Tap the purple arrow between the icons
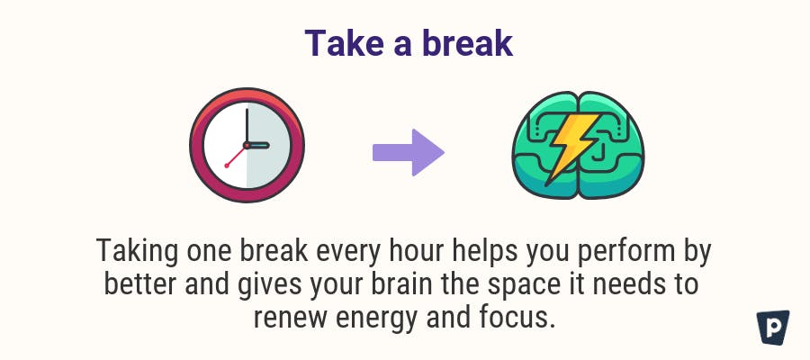pyautogui.click(x=408, y=152)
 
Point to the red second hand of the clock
pyautogui.click(x=236, y=156)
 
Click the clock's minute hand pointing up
pyautogui.click(x=247, y=127)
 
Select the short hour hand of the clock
pyautogui.click(x=257, y=145)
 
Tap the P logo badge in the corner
pyautogui.click(x=773, y=328)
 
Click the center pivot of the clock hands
pyautogui.click(x=247, y=145)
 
